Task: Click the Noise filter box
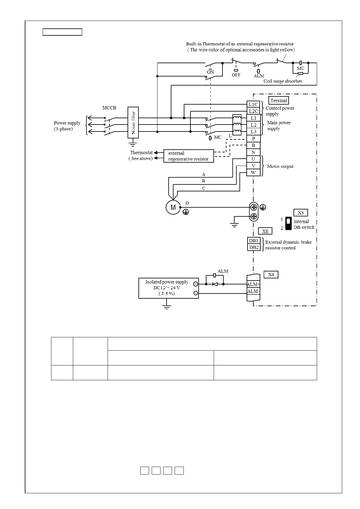pyautogui.click(x=133, y=122)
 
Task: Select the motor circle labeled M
pyautogui.click(x=173, y=207)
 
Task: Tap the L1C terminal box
pyautogui.click(x=253, y=104)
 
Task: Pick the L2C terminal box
pyautogui.click(x=253, y=111)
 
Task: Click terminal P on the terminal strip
pyautogui.click(x=253, y=138)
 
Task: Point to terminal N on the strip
pyautogui.click(x=253, y=152)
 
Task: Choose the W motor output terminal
pyautogui.click(x=253, y=173)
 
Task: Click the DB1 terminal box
pyautogui.click(x=254, y=240)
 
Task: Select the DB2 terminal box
pyautogui.click(x=254, y=247)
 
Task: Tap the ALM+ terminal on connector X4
pyautogui.click(x=253, y=284)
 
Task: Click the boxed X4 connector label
pyautogui.click(x=271, y=274)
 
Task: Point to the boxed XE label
pyautogui.click(x=265, y=231)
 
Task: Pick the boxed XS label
pyautogui.click(x=301, y=212)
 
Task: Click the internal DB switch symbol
pyautogui.click(x=288, y=223)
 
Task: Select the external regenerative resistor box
pyautogui.click(x=189, y=156)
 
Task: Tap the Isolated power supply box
pyautogui.click(x=169, y=288)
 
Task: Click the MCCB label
pyautogui.click(x=109, y=108)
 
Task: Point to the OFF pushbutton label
pyautogui.click(x=236, y=75)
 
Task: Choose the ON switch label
pyautogui.click(x=210, y=72)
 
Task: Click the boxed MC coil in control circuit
pyautogui.click(x=300, y=68)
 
